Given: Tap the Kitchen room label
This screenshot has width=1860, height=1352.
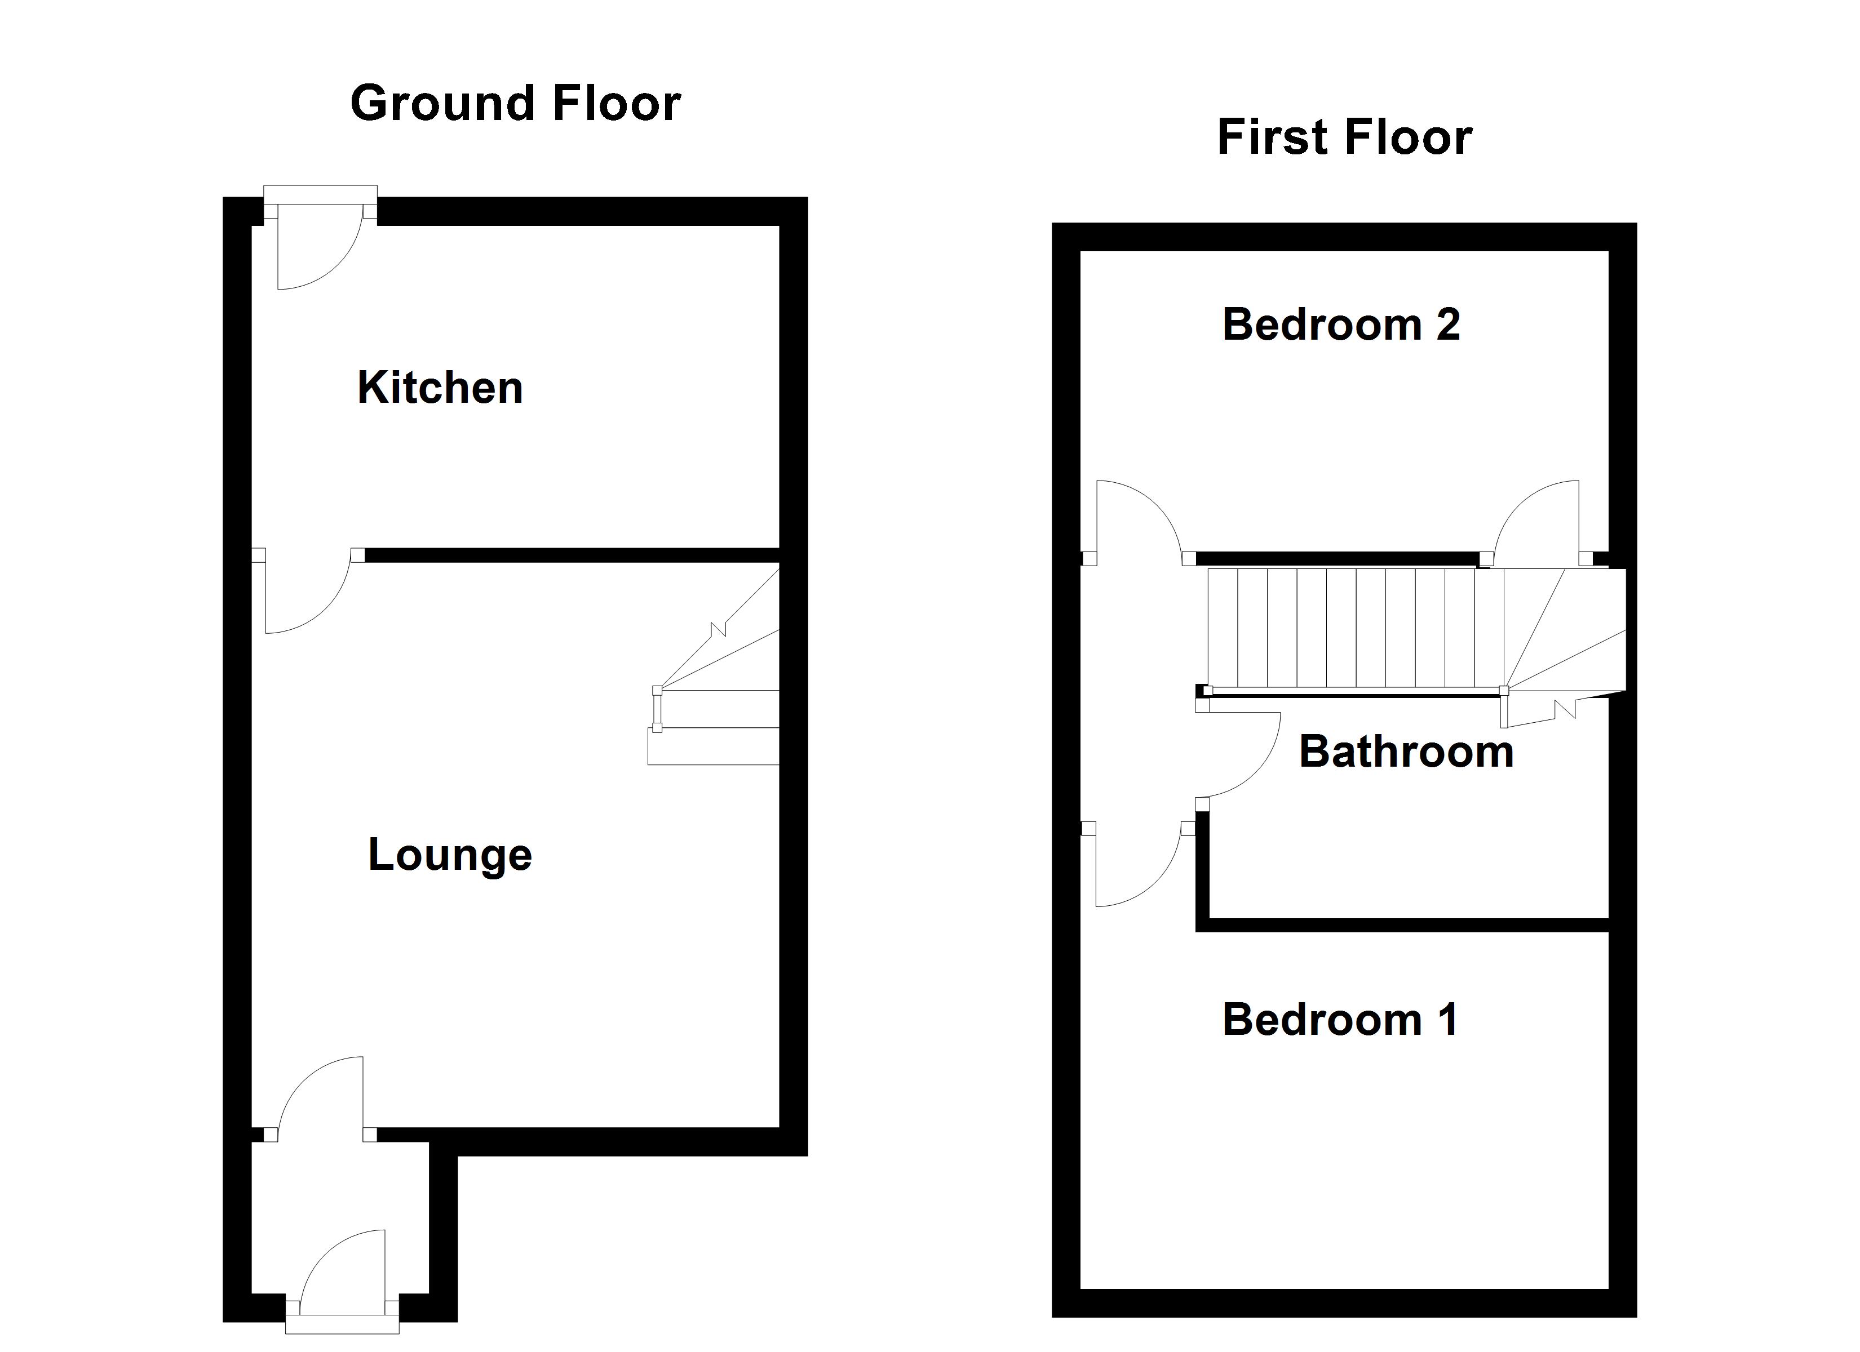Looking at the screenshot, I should tap(440, 388).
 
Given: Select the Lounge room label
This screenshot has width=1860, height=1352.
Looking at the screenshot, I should tap(449, 855).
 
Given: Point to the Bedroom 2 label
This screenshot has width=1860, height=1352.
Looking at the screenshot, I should tap(1341, 324).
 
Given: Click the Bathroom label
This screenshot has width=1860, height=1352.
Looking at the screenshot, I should tap(1406, 752).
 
